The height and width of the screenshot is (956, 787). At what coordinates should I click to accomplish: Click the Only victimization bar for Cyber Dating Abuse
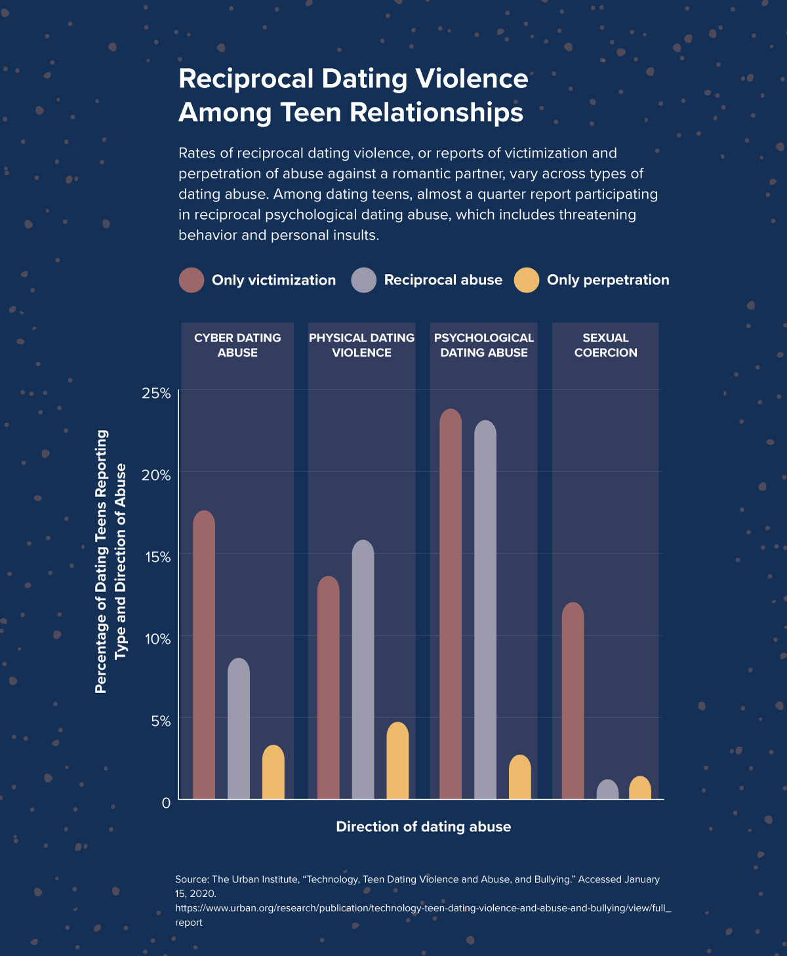click(x=204, y=656)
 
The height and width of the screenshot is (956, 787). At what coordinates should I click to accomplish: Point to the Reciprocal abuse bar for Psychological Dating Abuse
click(x=485, y=610)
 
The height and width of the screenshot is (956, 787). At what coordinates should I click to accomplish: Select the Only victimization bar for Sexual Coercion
click(x=573, y=701)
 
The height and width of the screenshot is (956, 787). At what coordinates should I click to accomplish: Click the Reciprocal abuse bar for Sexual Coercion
click(x=608, y=790)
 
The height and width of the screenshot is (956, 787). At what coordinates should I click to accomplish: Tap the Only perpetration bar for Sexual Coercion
click(x=640, y=788)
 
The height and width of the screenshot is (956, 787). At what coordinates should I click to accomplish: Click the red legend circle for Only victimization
click(x=192, y=280)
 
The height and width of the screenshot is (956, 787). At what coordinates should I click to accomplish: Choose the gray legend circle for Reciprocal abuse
click(x=364, y=280)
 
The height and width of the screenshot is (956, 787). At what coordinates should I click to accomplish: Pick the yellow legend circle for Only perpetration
click(x=527, y=280)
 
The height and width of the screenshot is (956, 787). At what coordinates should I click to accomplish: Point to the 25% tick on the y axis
click(x=156, y=393)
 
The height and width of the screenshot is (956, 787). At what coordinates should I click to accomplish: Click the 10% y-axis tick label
click(x=156, y=639)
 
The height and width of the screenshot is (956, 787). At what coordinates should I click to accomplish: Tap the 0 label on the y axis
click(x=166, y=803)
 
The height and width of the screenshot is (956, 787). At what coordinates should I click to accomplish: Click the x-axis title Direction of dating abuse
click(x=423, y=827)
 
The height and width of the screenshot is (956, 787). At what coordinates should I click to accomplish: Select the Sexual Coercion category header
click(x=605, y=346)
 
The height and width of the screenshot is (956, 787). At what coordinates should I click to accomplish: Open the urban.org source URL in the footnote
click(x=422, y=908)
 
